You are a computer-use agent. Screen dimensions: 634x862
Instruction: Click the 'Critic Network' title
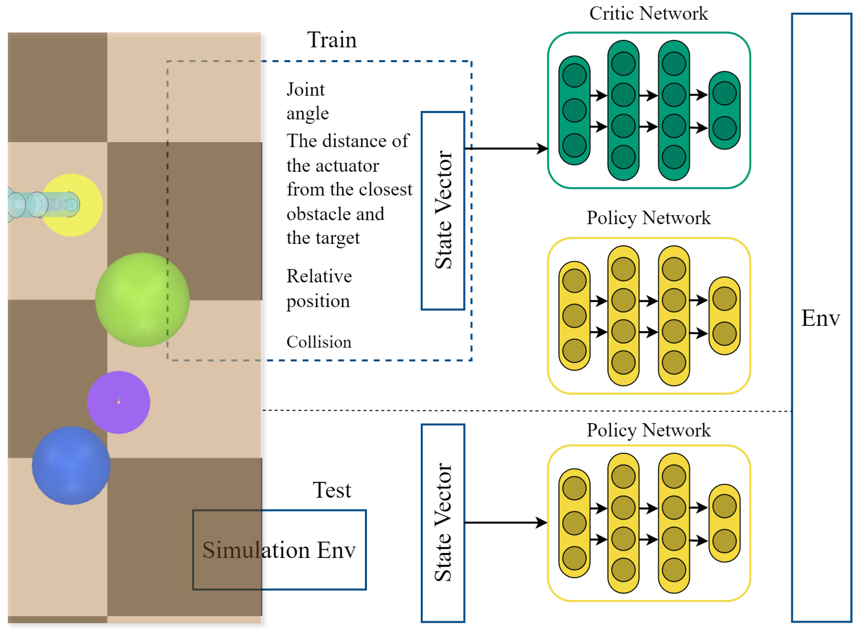(x=648, y=14)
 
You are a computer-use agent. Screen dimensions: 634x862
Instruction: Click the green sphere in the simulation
(x=142, y=300)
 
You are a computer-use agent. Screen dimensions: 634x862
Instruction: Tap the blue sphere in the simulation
(x=71, y=466)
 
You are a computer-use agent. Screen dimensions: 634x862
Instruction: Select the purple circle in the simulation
(x=118, y=402)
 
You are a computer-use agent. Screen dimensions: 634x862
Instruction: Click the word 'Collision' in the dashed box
(x=319, y=342)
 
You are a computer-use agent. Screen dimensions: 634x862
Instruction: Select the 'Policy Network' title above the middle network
(x=648, y=218)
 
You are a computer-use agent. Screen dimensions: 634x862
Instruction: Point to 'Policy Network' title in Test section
(x=648, y=430)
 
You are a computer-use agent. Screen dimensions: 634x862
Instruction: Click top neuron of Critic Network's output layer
(x=724, y=93)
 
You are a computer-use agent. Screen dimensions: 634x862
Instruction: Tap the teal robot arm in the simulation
(x=42, y=205)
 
